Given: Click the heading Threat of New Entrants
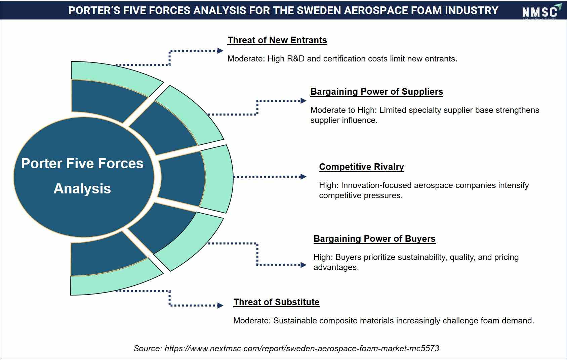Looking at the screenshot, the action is [x=277, y=40].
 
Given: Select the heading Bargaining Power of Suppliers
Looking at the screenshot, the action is [x=377, y=92].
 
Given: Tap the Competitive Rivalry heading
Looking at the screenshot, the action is [x=361, y=167].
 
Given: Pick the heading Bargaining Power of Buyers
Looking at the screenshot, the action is [x=374, y=239].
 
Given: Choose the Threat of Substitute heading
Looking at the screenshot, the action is [x=276, y=302].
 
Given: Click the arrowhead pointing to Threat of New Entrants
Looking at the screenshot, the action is [x=220, y=51].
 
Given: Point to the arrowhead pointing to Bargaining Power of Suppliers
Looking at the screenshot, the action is [x=303, y=101].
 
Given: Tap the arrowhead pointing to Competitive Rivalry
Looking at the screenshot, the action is [x=303, y=177].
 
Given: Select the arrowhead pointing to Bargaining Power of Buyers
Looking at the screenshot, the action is [x=303, y=265].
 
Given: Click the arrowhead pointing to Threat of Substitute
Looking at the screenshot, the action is [x=220, y=305].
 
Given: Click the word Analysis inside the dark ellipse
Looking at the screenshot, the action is [x=82, y=189].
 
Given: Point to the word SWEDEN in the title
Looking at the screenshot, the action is [x=319, y=11].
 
